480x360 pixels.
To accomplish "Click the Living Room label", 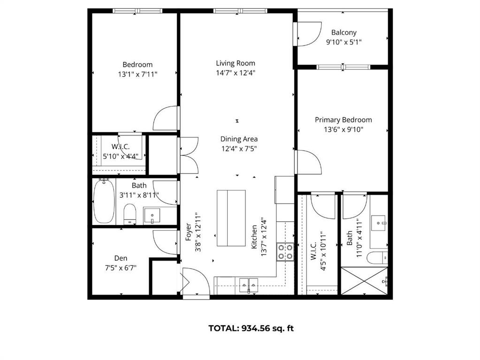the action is coord(236,63).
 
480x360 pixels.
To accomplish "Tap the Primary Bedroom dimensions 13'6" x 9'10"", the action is coord(343,129).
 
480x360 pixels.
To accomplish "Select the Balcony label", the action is coord(344,32).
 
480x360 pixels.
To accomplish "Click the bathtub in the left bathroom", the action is coord(104,201).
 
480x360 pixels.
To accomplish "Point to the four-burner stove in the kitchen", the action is coord(285,252).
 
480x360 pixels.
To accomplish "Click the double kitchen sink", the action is coord(248,285).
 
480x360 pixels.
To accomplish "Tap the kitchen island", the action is coord(231,218).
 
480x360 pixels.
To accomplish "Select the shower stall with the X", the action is coord(364,281).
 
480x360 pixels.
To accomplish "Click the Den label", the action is coord(121,258).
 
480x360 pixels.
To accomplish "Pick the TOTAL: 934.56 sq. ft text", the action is coord(251,328).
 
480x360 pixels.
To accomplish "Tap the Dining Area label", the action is coord(239,139).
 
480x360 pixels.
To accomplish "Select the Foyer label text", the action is coord(189,232).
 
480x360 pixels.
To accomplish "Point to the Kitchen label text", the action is coord(254,237).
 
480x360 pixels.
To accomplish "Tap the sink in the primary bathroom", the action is coord(379,223).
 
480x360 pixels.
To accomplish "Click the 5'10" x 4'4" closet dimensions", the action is coord(120,156).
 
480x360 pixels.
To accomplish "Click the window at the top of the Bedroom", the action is coord(137,11).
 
